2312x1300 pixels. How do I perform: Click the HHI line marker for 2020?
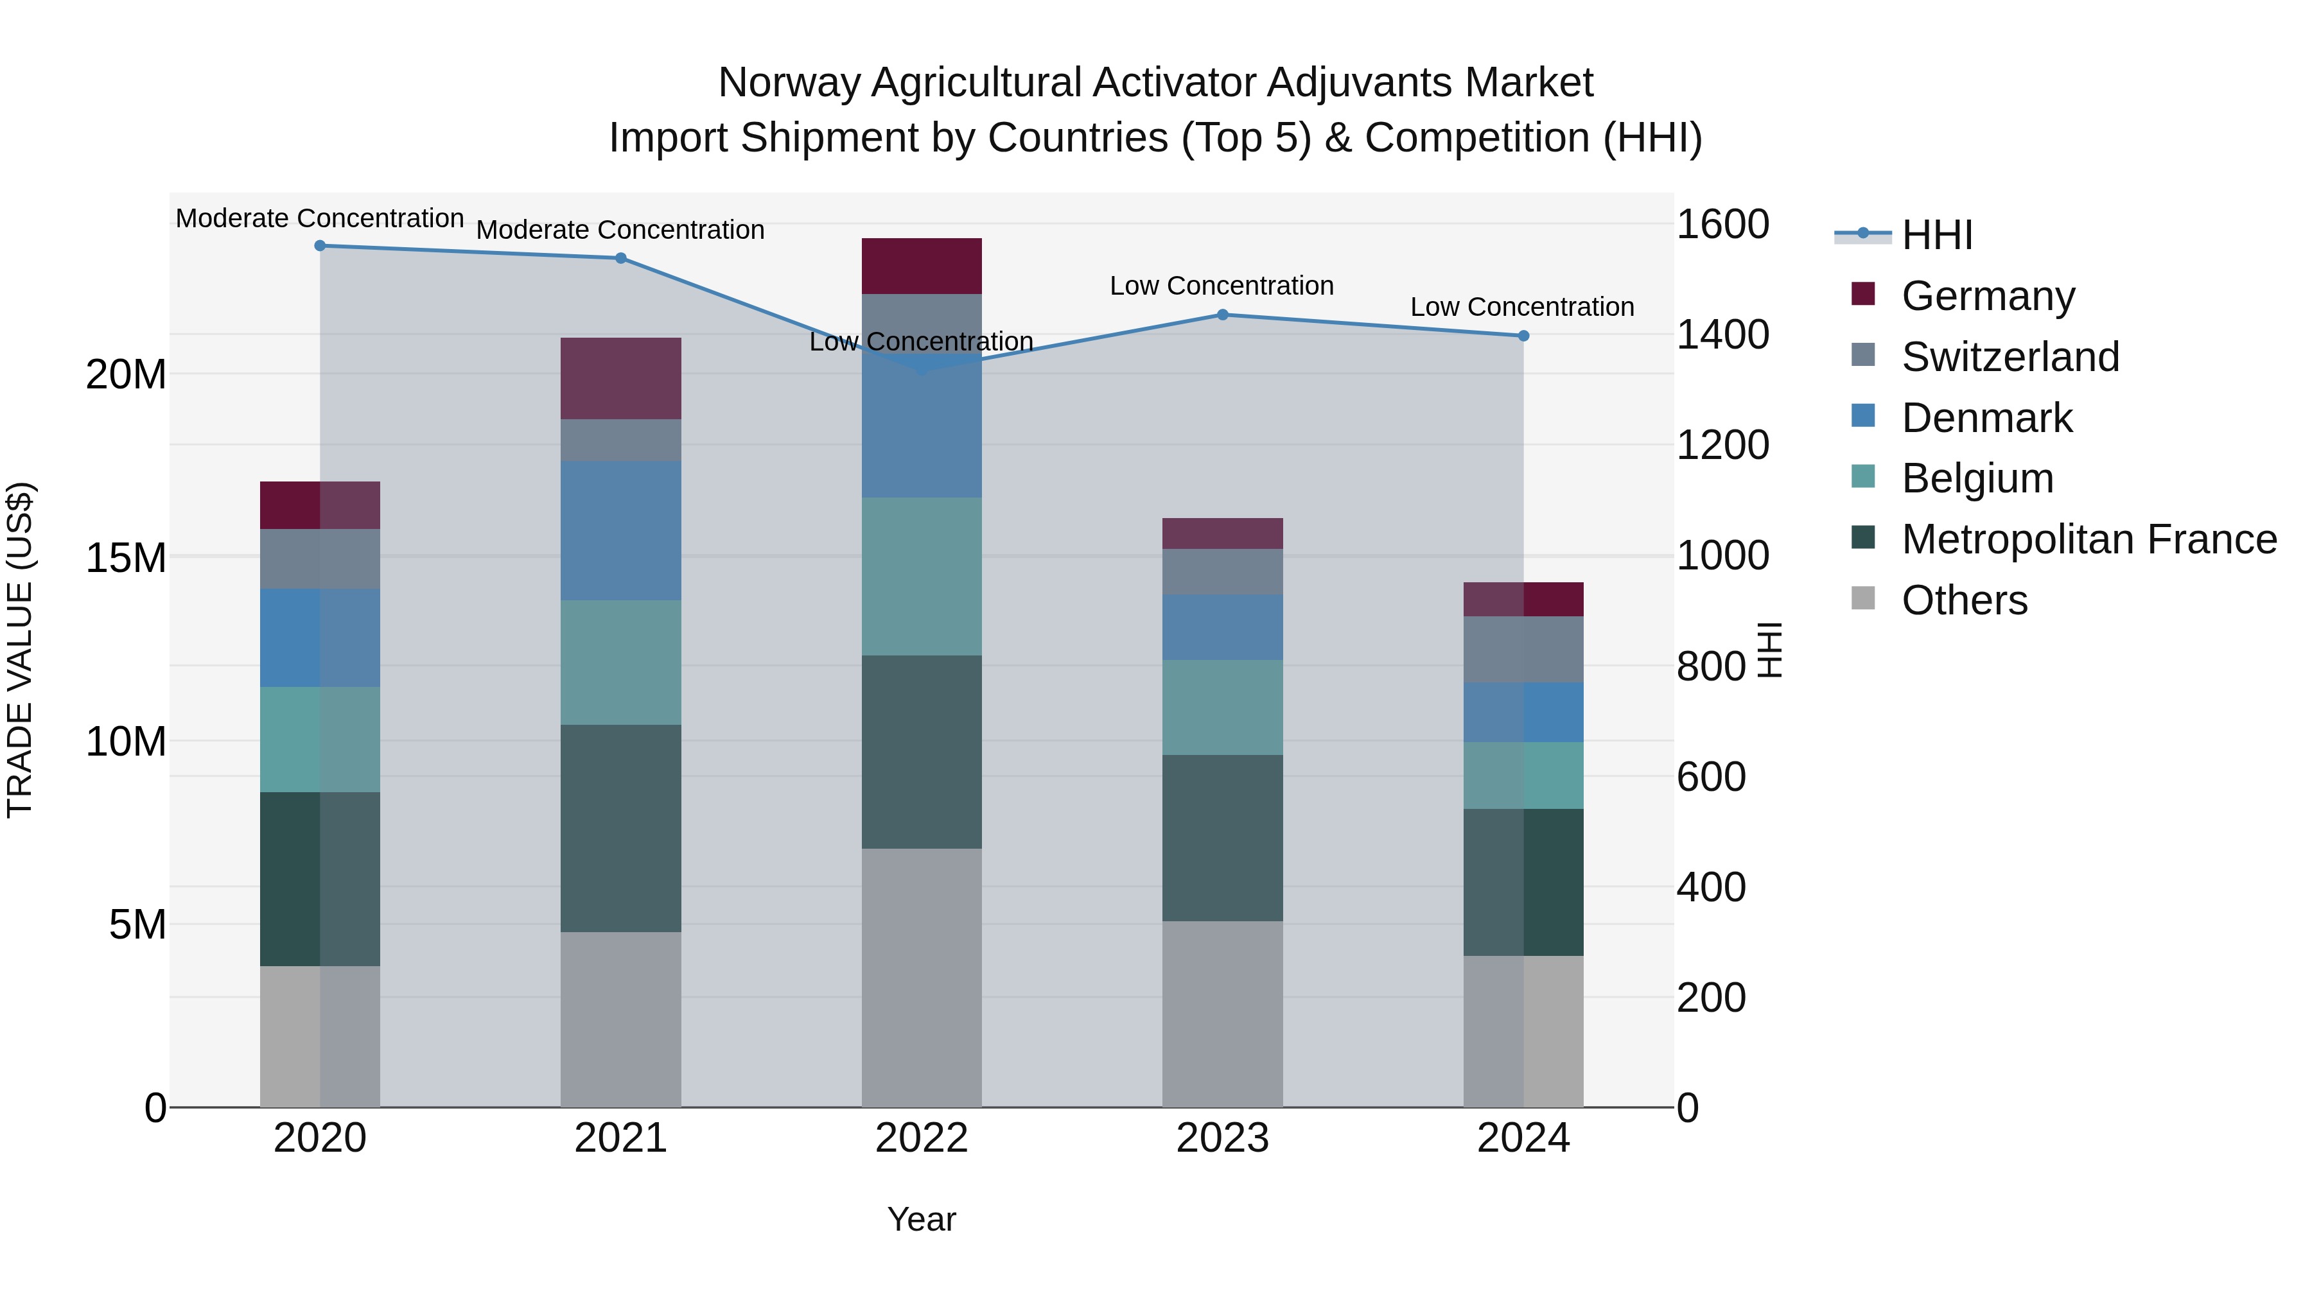(320, 246)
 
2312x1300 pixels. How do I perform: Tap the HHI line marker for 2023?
(1222, 315)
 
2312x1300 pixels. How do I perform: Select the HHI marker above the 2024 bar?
(1523, 336)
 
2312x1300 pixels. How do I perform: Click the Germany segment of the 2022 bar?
(922, 266)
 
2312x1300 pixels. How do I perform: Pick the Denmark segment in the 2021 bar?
(621, 531)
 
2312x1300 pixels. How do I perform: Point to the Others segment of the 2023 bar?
(1222, 1014)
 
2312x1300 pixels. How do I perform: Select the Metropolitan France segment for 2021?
(621, 828)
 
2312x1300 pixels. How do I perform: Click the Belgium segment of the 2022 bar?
(922, 577)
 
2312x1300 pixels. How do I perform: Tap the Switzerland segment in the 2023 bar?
(1222, 571)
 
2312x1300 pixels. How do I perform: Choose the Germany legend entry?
(1988, 296)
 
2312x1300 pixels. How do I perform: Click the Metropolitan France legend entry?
(2089, 539)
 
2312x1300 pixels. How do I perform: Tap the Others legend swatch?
(1863, 598)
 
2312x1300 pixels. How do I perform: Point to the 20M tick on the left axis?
(126, 374)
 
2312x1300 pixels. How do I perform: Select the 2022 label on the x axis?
(922, 1138)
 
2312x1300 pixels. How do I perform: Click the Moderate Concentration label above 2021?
(620, 230)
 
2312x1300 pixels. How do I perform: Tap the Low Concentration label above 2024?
(1522, 307)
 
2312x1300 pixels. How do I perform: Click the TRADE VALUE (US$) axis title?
(20, 650)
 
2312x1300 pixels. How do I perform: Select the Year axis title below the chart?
(922, 1219)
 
